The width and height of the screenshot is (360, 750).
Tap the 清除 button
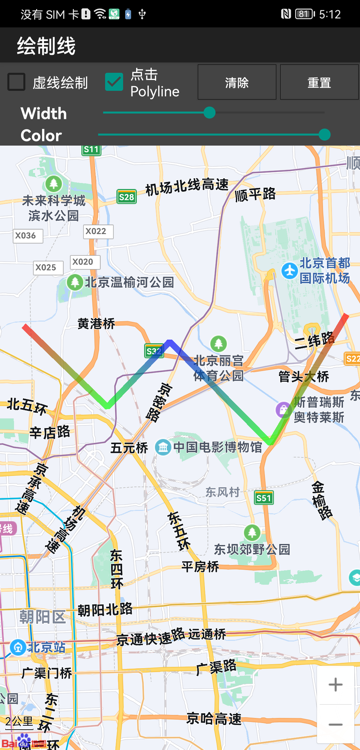tap(237, 83)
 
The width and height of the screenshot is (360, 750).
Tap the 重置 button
tap(319, 83)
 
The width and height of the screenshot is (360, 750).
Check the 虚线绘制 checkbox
tap(17, 83)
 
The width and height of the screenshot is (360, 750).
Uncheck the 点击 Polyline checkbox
tap(114, 83)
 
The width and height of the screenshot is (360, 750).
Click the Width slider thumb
tap(209, 113)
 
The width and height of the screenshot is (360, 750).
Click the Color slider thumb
tap(324, 135)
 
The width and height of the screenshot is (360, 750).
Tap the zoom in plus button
tap(335, 685)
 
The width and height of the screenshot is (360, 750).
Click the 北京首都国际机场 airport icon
tap(289, 270)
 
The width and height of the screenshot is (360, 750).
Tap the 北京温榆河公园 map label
tap(129, 282)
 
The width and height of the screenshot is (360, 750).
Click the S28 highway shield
tap(126, 197)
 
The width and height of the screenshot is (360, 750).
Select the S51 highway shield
tap(263, 497)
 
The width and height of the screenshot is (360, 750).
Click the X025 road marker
tap(46, 267)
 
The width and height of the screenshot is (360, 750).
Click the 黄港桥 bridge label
tap(96, 323)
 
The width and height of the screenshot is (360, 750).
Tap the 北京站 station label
tap(44, 646)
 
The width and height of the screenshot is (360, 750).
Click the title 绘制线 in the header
tap(46, 46)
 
